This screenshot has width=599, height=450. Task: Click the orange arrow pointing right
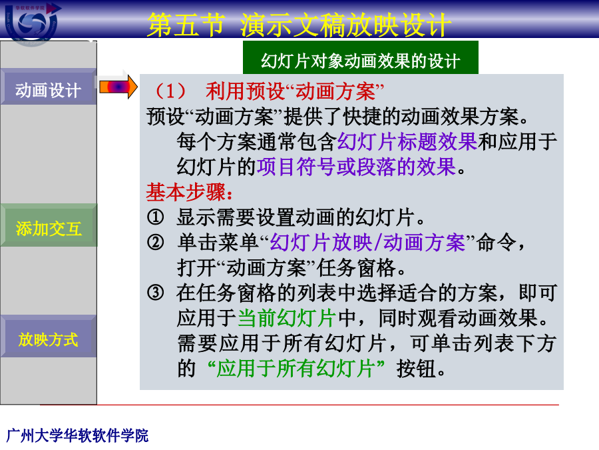coord(118,87)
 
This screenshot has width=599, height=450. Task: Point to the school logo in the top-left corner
coord(33,23)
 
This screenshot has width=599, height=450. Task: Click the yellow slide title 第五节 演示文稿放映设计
coord(299,25)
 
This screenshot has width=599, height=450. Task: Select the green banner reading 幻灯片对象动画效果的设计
coord(361,57)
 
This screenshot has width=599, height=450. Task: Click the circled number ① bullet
coord(156,217)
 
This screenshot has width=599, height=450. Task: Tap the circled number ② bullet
coord(156,242)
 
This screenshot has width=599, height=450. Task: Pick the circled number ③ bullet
coord(156,293)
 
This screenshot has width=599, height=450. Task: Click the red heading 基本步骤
coord(190,192)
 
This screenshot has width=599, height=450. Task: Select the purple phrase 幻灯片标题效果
coord(407,142)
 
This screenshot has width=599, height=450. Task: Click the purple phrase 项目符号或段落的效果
coord(357,167)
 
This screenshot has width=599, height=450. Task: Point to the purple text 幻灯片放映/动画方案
coord(367,243)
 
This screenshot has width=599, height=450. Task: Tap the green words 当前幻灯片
coord(287,318)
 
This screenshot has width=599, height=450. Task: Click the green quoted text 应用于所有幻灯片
coord(296,369)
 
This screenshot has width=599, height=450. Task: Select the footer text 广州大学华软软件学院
coord(78,436)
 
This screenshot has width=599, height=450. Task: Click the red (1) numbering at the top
coord(170,91)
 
